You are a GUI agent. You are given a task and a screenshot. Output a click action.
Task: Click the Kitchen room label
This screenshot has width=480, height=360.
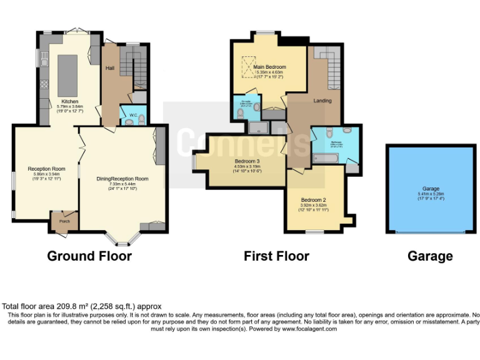69,101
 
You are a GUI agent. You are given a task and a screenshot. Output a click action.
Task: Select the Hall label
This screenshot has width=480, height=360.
109,67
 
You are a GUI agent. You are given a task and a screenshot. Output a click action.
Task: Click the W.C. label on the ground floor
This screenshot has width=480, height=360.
133,116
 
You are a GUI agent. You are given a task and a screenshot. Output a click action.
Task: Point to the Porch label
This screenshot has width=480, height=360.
64,221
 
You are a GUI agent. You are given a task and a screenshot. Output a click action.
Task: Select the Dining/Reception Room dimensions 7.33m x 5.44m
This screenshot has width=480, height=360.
122,184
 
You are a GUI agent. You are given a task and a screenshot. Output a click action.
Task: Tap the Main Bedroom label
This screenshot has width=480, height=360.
269,67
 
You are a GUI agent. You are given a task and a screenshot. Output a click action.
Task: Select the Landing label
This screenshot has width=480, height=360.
322,101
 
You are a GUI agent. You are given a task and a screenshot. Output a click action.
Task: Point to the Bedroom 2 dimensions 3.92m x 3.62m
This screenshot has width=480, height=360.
314,205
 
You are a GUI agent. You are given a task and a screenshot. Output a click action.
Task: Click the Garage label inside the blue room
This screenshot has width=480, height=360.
431,189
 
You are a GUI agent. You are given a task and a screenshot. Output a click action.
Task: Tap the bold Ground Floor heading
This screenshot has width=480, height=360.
89,256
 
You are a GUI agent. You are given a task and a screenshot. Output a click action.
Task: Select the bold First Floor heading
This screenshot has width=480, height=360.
276,256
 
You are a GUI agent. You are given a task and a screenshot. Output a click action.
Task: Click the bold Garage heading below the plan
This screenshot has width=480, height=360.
430,256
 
